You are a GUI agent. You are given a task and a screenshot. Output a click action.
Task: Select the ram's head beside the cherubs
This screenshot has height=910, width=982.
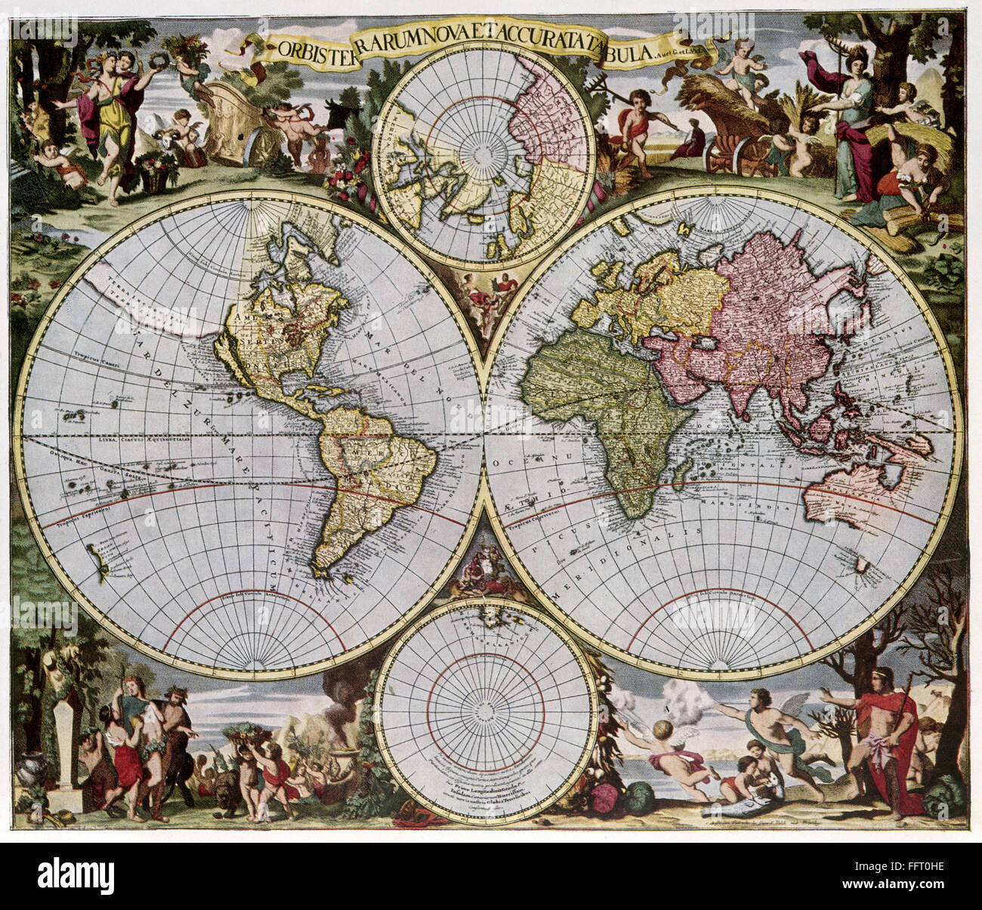click(165, 140)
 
